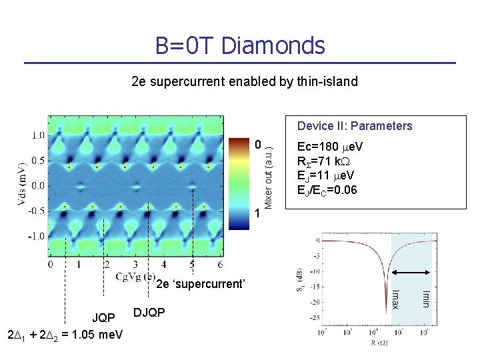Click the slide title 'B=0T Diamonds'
click(x=240, y=46)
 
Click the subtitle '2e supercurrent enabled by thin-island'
click(x=245, y=82)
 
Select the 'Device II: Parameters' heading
click(x=355, y=126)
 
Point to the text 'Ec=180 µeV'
click(x=330, y=147)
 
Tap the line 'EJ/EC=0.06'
click(x=327, y=190)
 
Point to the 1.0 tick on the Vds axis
click(x=38, y=135)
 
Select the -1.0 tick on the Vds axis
click(x=37, y=236)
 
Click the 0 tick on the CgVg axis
click(x=51, y=265)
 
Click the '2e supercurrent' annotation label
click(x=201, y=285)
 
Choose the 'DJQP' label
click(x=150, y=312)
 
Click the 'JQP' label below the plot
click(x=103, y=317)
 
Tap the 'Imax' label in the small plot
click(x=395, y=299)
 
